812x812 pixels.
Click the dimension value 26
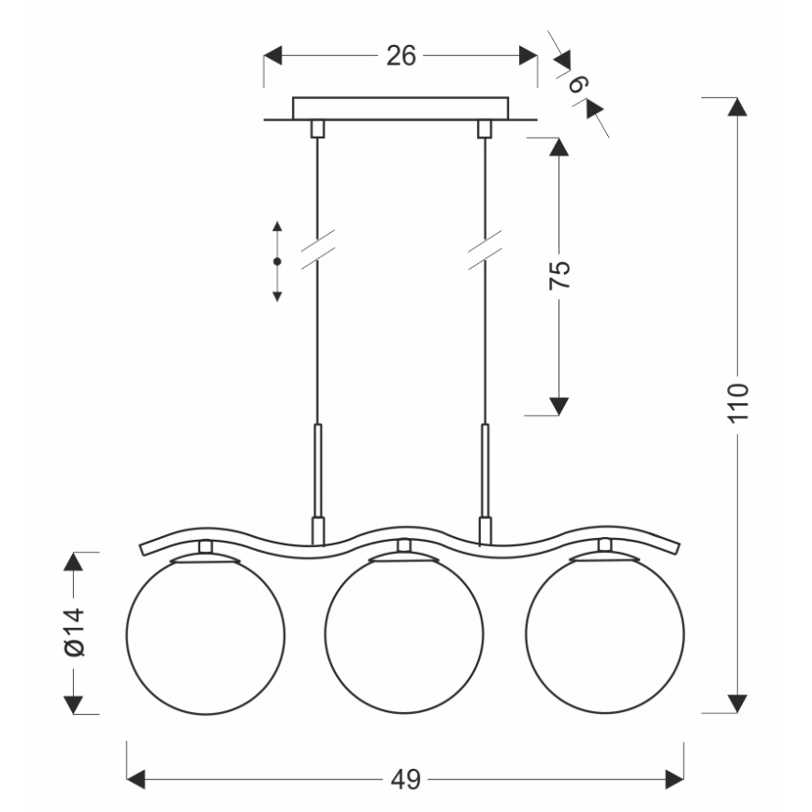tap(400, 56)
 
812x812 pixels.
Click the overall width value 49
tap(406, 777)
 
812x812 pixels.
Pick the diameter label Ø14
tap(75, 633)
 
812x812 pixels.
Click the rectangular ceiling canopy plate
tap(400, 108)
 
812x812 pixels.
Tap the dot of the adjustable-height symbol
tap(277, 261)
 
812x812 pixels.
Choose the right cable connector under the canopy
tap(485, 128)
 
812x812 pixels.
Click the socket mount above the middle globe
tap(404, 546)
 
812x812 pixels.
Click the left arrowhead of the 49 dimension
tap(137, 777)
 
